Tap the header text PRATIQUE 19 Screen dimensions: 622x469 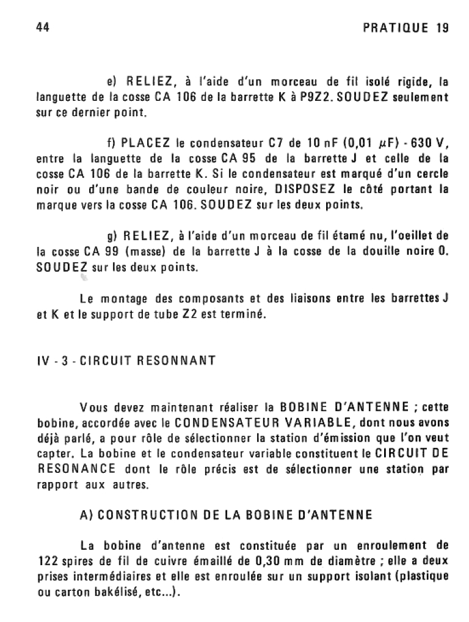coord(405,28)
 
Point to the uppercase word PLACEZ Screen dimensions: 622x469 coord(146,144)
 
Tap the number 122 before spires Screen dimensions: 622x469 coord(48,562)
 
